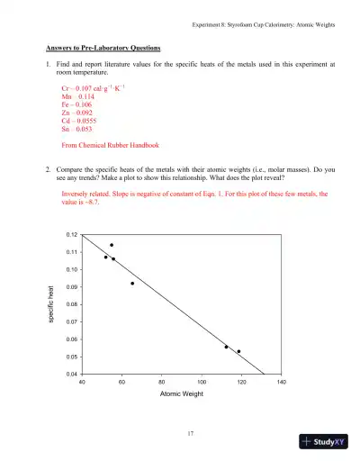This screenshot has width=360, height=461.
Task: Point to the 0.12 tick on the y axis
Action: [72, 235]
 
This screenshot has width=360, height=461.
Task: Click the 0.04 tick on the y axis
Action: [72, 374]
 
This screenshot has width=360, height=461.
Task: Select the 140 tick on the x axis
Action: [281, 382]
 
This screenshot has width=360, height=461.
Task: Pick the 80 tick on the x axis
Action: [161, 382]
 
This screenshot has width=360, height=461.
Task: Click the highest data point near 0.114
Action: [112, 245]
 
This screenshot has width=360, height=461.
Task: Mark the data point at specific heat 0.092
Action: [132, 283]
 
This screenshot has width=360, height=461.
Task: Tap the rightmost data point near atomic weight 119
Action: [238, 351]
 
